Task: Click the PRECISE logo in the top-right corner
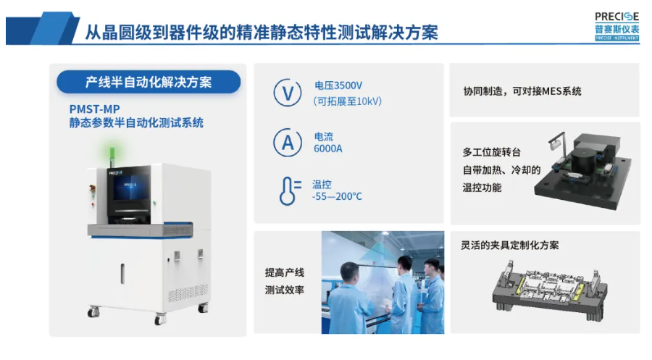coord(617,27)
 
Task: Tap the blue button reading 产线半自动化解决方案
coord(149,82)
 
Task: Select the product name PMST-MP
coord(94,109)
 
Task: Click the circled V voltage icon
coord(288,92)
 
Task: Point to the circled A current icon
coord(288,142)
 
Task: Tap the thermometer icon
coord(290,191)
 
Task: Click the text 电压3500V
coord(338,85)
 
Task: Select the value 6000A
coord(328,148)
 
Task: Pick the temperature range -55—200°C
coord(337,196)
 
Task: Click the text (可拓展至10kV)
coord(347,101)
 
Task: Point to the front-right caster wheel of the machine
coord(160,319)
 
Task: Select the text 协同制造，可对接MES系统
coord(522,91)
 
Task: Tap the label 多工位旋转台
coord(491,152)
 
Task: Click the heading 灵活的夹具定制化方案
coord(510,246)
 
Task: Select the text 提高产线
coord(285,272)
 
